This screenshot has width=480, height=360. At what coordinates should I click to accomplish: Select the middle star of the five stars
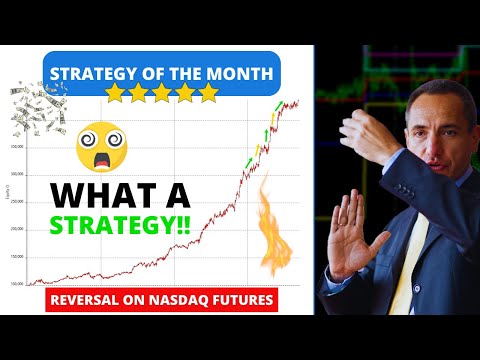pyautogui.click(x=163, y=93)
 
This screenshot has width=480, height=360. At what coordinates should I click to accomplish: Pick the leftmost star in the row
pyautogui.click(x=117, y=93)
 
